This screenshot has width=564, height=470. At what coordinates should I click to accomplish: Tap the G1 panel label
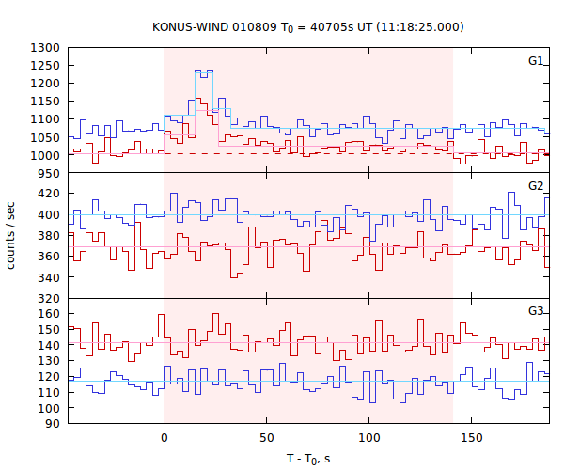pyautogui.click(x=536, y=61)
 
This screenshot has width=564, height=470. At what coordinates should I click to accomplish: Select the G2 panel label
pyautogui.click(x=536, y=186)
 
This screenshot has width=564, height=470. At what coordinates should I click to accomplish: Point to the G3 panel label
pyautogui.click(x=536, y=311)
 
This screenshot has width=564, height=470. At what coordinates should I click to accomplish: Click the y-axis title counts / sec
pyautogui.click(x=11, y=235)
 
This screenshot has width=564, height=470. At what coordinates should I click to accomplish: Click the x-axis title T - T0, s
pyautogui.click(x=308, y=459)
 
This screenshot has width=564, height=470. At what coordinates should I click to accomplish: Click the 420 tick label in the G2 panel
pyautogui.click(x=50, y=194)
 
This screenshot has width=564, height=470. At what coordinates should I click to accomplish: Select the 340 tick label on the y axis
pyautogui.click(x=50, y=277)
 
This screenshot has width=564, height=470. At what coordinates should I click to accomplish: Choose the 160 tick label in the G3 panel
pyautogui.click(x=50, y=313)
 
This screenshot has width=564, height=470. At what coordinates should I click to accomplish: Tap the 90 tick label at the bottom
pyautogui.click(x=54, y=424)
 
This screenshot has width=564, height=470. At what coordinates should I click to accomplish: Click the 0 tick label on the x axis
pyautogui.click(x=164, y=438)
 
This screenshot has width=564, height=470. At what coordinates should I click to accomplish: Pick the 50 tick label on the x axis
pyautogui.click(x=267, y=438)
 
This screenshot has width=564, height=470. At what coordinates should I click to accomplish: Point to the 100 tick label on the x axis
pyautogui.click(x=369, y=438)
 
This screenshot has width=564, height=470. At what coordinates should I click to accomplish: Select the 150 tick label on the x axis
pyautogui.click(x=472, y=438)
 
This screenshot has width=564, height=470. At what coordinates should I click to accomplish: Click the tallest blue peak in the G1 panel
pyautogui.click(x=204, y=70)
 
